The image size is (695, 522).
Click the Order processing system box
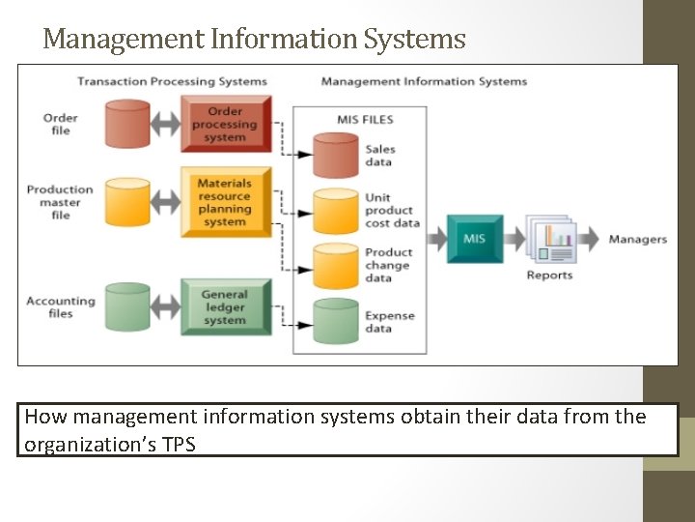click(x=225, y=125)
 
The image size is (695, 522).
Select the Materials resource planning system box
click(x=225, y=202)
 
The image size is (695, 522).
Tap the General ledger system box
click(x=225, y=306)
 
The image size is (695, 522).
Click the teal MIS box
click(x=474, y=239)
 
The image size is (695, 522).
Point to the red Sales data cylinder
click(x=336, y=155)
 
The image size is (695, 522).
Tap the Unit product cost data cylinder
click(x=336, y=210)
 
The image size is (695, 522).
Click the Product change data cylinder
click(x=336, y=265)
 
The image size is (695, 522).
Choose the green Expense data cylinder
click(x=336, y=321)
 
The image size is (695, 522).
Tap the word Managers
click(x=637, y=239)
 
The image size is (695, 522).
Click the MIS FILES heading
click(x=365, y=120)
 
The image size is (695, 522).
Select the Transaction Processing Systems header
click(x=172, y=81)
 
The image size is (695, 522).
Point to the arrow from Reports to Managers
click(x=590, y=239)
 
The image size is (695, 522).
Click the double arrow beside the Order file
click(x=167, y=125)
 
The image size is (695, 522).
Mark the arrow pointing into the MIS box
click(x=435, y=239)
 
